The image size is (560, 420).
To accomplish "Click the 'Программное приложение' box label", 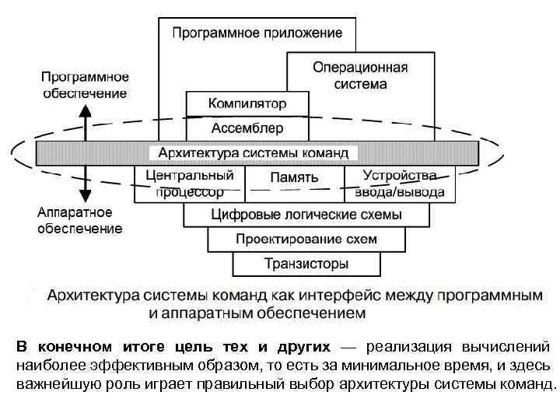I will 257,33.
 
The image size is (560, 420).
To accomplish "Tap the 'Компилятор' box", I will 247,103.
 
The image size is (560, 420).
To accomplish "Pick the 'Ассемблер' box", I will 247,127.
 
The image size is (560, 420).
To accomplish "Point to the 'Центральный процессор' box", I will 189,184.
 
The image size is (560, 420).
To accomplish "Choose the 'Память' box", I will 294,177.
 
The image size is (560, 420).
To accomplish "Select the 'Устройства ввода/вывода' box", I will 399,184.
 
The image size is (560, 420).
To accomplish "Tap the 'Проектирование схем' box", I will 306,239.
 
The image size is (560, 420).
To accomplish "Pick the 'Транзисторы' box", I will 306,264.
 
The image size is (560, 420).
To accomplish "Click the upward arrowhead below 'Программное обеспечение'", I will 86,110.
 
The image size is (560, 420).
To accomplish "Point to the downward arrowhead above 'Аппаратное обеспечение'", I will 86,197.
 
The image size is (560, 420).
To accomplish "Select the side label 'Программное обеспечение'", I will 85,85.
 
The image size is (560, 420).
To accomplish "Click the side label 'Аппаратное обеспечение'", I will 80,220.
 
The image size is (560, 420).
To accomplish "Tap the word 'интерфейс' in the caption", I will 337,296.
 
